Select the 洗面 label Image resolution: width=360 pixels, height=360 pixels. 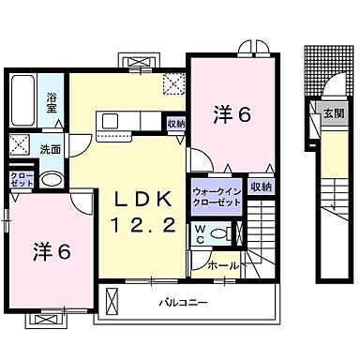tap(51, 148)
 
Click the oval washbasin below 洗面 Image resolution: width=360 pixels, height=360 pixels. tap(52, 180)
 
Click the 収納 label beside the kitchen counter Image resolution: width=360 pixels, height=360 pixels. tap(175, 123)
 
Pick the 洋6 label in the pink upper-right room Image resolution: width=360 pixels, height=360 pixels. tap(232, 116)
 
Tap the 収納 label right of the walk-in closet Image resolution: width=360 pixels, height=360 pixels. tap(261, 186)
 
